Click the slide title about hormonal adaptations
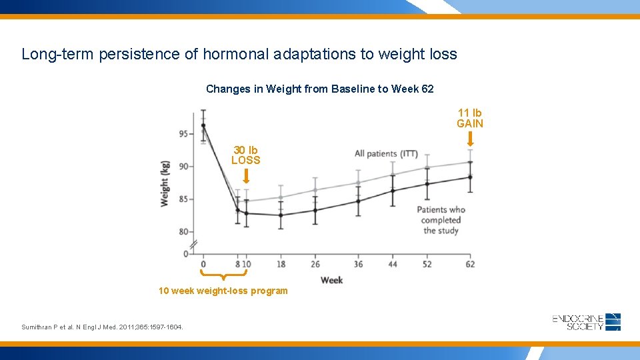pos(239,54)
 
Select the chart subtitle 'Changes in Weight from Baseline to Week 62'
pos(319,89)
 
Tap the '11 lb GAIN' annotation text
pos(469,118)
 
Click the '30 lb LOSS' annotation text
pos(245,155)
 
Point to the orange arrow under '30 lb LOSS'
pos(246,175)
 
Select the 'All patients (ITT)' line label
pos(386,154)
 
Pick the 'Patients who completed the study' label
pos(441,220)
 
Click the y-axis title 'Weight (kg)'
pos(165,183)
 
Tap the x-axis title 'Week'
pos(331,280)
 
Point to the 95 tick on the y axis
pos(184,134)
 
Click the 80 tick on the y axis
pos(184,232)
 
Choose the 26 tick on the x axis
pos(315,264)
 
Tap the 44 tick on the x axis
pos(393,264)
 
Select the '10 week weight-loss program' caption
pos(223,291)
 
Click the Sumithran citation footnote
pos(102,327)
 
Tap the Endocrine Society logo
pos(586,321)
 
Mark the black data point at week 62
pos(470,177)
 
